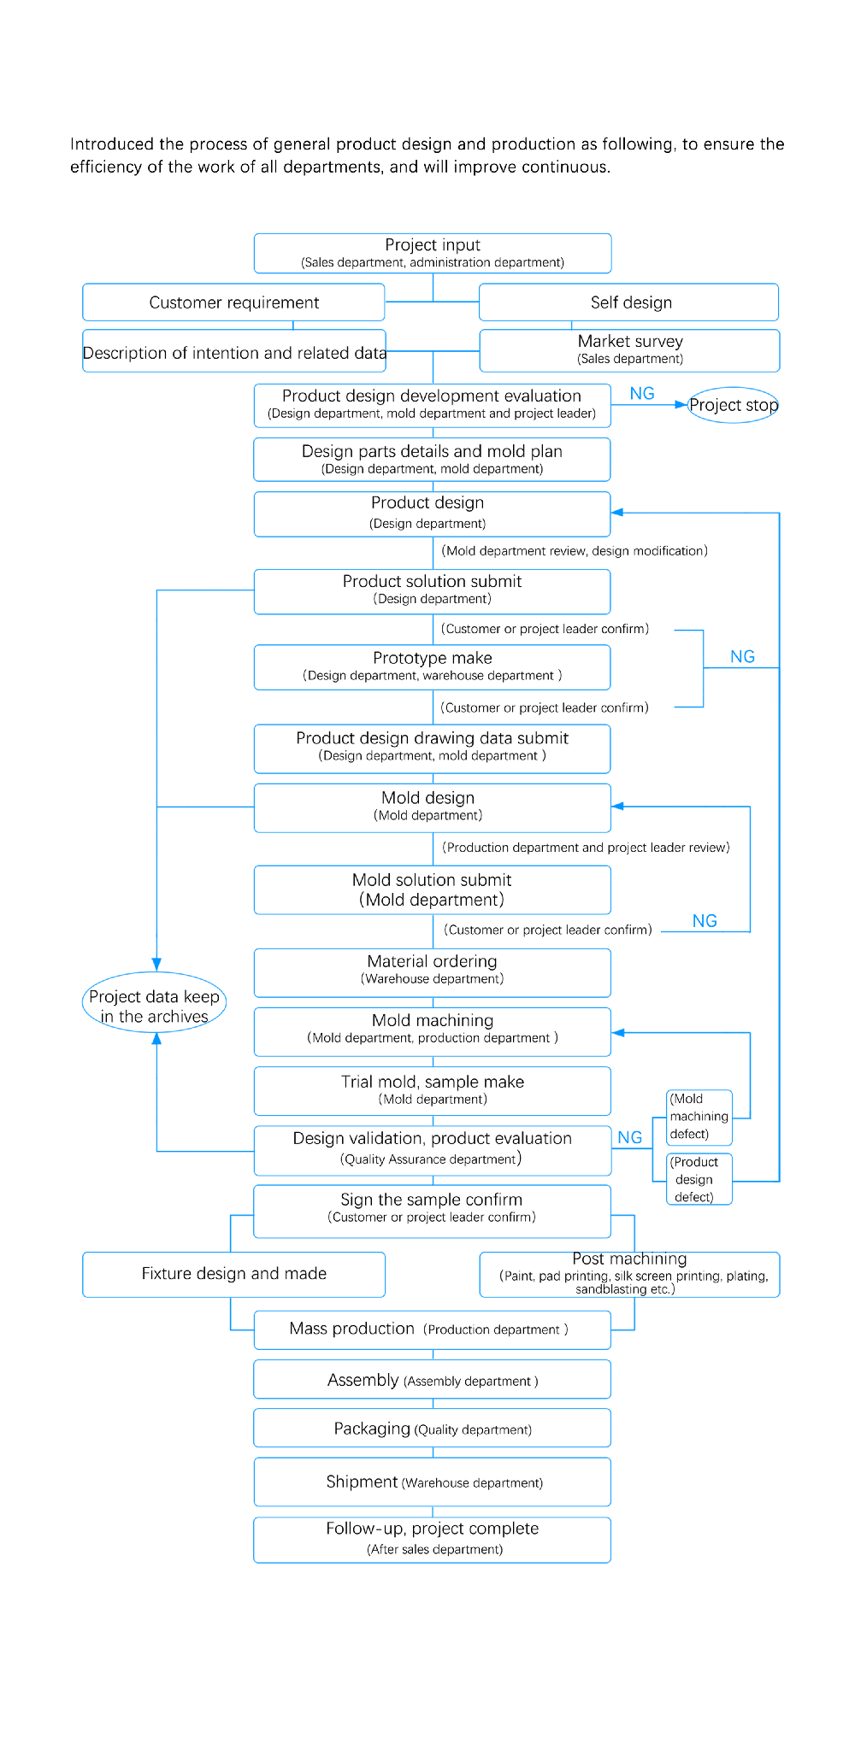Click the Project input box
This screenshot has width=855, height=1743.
click(433, 253)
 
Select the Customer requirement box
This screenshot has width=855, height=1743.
click(233, 302)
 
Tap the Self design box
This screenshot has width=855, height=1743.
click(629, 302)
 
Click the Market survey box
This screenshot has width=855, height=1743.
click(630, 350)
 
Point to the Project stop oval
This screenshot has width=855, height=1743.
click(734, 405)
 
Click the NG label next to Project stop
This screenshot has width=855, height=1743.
click(642, 393)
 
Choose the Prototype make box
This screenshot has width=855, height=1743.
click(433, 667)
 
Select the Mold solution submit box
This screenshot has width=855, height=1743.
click(433, 890)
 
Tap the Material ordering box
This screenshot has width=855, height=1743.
click(433, 973)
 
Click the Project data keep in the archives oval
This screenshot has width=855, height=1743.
click(155, 1002)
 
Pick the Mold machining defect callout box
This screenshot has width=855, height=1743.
click(699, 1118)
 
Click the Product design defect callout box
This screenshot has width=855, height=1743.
click(699, 1179)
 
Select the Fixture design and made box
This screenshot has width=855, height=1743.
click(233, 1275)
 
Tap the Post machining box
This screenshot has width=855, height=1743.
click(630, 1275)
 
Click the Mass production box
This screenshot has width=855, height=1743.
click(433, 1330)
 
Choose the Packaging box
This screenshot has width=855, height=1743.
click(433, 1428)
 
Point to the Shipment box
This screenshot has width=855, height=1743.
click(433, 1482)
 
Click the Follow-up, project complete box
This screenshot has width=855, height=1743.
click(433, 1540)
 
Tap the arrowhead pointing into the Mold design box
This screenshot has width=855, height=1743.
click(618, 806)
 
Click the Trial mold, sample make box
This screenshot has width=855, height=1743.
click(433, 1091)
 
